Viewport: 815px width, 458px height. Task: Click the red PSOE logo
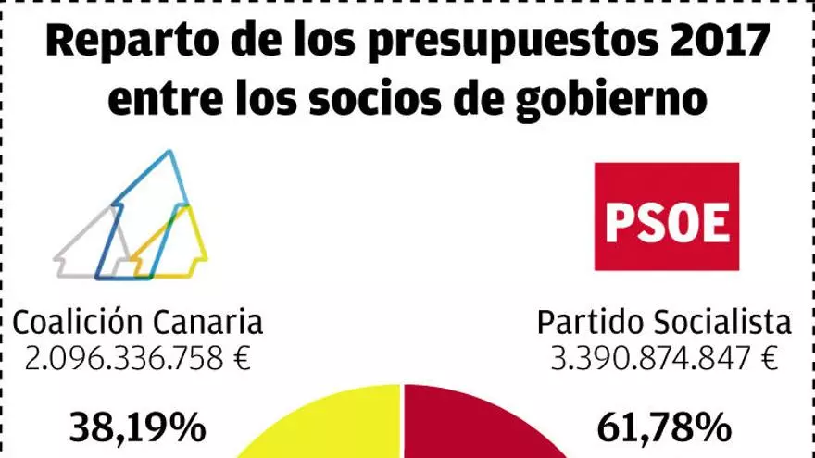coord(667,216)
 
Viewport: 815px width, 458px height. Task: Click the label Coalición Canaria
coord(137,323)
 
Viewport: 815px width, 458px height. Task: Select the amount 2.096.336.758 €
coord(137,358)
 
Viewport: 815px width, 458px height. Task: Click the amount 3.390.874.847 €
coord(664,358)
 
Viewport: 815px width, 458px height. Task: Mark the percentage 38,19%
coord(137,427)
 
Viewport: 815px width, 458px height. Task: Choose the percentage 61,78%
coord(664,427)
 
